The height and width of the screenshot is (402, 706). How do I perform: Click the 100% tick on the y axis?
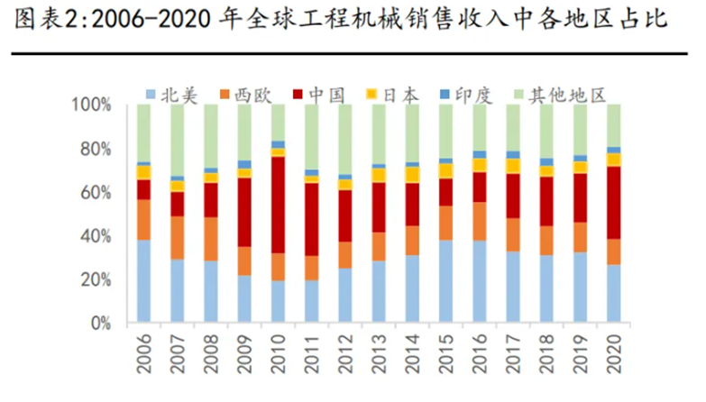tap(92, 105)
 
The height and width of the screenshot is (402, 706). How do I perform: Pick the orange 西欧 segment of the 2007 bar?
tap(178, 238)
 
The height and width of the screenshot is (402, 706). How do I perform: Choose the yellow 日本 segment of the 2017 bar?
tap(512, 166)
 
